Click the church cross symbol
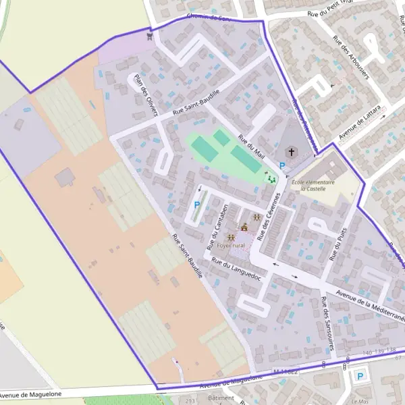tap(292, 152)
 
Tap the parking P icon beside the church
tap(281, 165)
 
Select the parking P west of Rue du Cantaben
tap(197, 205)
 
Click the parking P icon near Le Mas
tap(360, 376)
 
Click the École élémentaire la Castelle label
tap(312, 185)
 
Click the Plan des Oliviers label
tap(146, 94)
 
